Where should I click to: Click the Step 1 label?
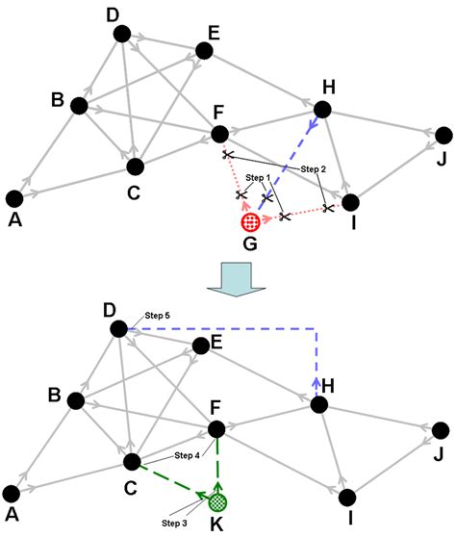point(258,178)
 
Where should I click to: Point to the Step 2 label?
point(314,168)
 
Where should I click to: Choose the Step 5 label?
point(157,315)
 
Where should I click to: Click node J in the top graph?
point(443,135)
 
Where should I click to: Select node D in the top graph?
point(121,34)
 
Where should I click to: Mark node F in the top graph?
point(219,134)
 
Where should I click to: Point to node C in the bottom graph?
point(132,462)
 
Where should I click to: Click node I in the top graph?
point(350,202)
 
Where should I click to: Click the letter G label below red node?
point(249,244)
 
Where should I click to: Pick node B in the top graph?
point(79,105)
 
